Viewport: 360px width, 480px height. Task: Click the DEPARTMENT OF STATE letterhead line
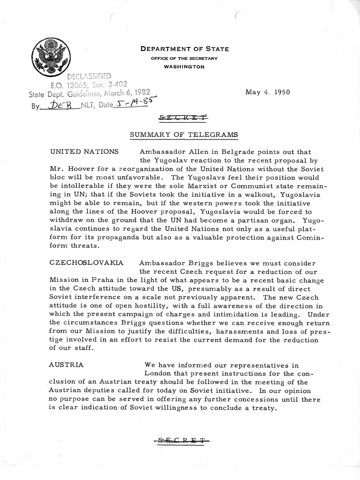tap(184, 49)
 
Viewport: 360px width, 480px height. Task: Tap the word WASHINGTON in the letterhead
tap(184, 67)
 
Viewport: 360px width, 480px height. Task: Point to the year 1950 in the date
tap(279, 92)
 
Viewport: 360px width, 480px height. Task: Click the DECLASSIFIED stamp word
tap(89, 76)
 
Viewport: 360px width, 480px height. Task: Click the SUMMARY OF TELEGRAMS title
tap(184, 135)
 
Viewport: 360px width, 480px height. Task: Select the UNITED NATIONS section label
tap(84, 152)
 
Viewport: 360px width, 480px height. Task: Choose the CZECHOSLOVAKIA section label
tap(86, 263)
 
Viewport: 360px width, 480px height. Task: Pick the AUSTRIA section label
tap(66, 365)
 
